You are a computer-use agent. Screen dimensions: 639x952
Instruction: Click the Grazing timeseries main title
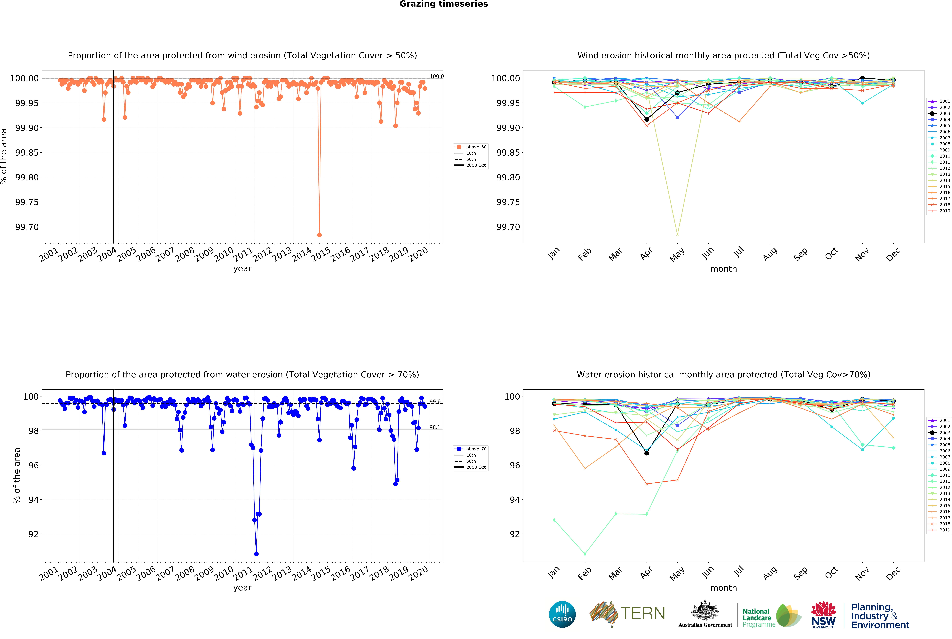(x=443, y=4)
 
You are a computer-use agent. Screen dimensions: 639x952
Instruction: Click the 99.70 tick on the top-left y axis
(x=27, y=227)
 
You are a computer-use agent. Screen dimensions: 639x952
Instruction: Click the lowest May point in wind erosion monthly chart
(x=677, y=235)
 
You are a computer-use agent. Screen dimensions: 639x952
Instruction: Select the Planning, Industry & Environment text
(x=880, y=616)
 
